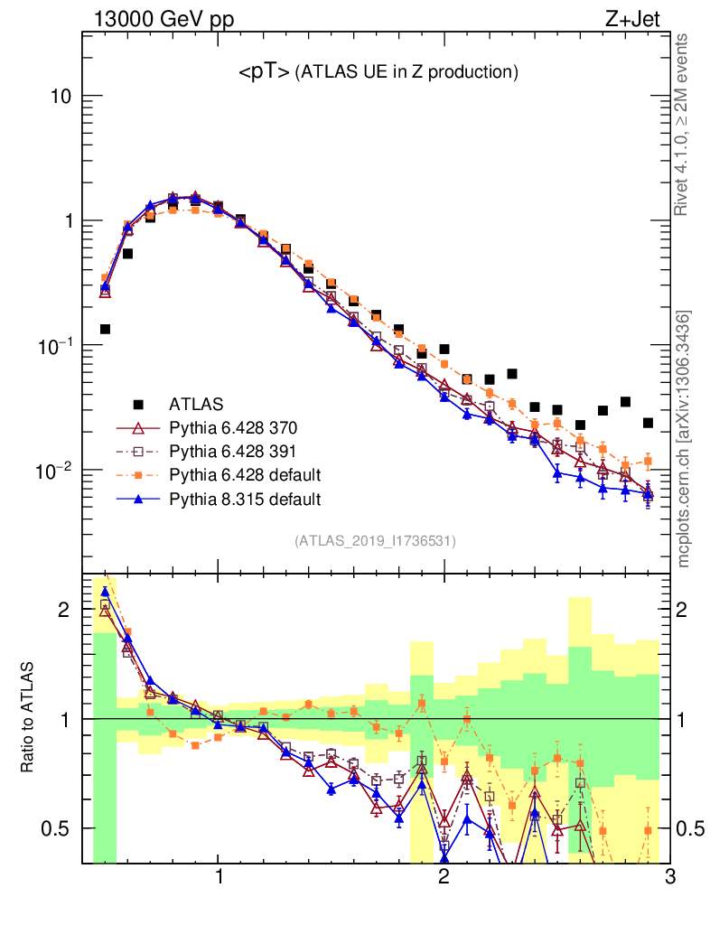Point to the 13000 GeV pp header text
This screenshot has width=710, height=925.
click(163, 17)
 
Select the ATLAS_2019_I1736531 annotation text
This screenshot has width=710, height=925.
click(375, 541)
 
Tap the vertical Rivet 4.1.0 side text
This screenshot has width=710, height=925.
click(683, 125)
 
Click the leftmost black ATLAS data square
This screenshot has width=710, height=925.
click(105, 329)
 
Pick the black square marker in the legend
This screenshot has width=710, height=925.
click(138, 404)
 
